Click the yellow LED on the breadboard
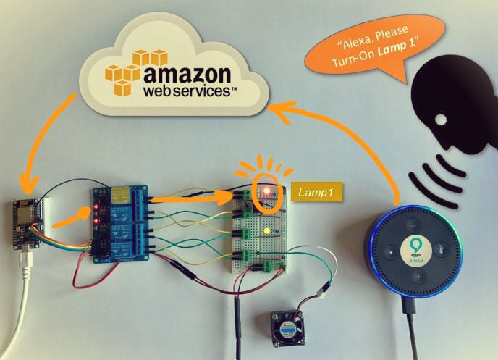click(267, 231)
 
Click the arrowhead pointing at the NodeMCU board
click(28, 181)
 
